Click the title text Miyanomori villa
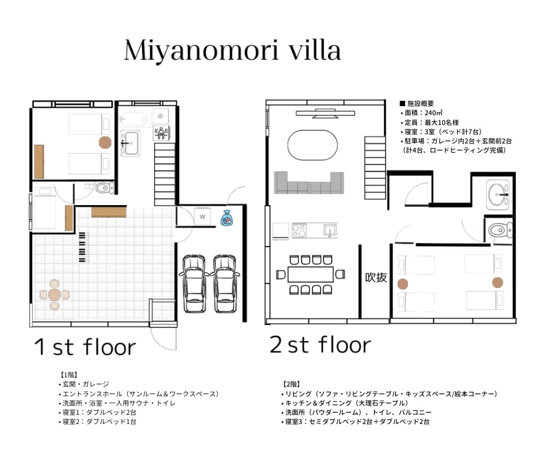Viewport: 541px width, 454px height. (233, 51)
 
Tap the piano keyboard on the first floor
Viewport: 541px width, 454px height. (82, 247)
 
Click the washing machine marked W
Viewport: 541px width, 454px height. (203, 217)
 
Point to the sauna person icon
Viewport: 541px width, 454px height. (161, 133)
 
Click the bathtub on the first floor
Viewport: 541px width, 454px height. (135, 119)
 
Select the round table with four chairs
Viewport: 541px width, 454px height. (55, 295)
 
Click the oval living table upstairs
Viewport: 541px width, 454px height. (313, 145)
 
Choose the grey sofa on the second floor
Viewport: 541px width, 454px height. (309, 183)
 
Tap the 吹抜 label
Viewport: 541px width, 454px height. (376, 277)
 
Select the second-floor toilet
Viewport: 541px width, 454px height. (501, 230)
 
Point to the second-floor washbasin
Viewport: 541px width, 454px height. (497, 195)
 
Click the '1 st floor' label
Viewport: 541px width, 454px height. (85, 347)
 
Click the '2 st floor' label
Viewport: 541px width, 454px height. (320, 345)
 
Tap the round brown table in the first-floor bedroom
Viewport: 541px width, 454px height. (105, 142)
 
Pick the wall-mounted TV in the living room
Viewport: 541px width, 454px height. (325, 113)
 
